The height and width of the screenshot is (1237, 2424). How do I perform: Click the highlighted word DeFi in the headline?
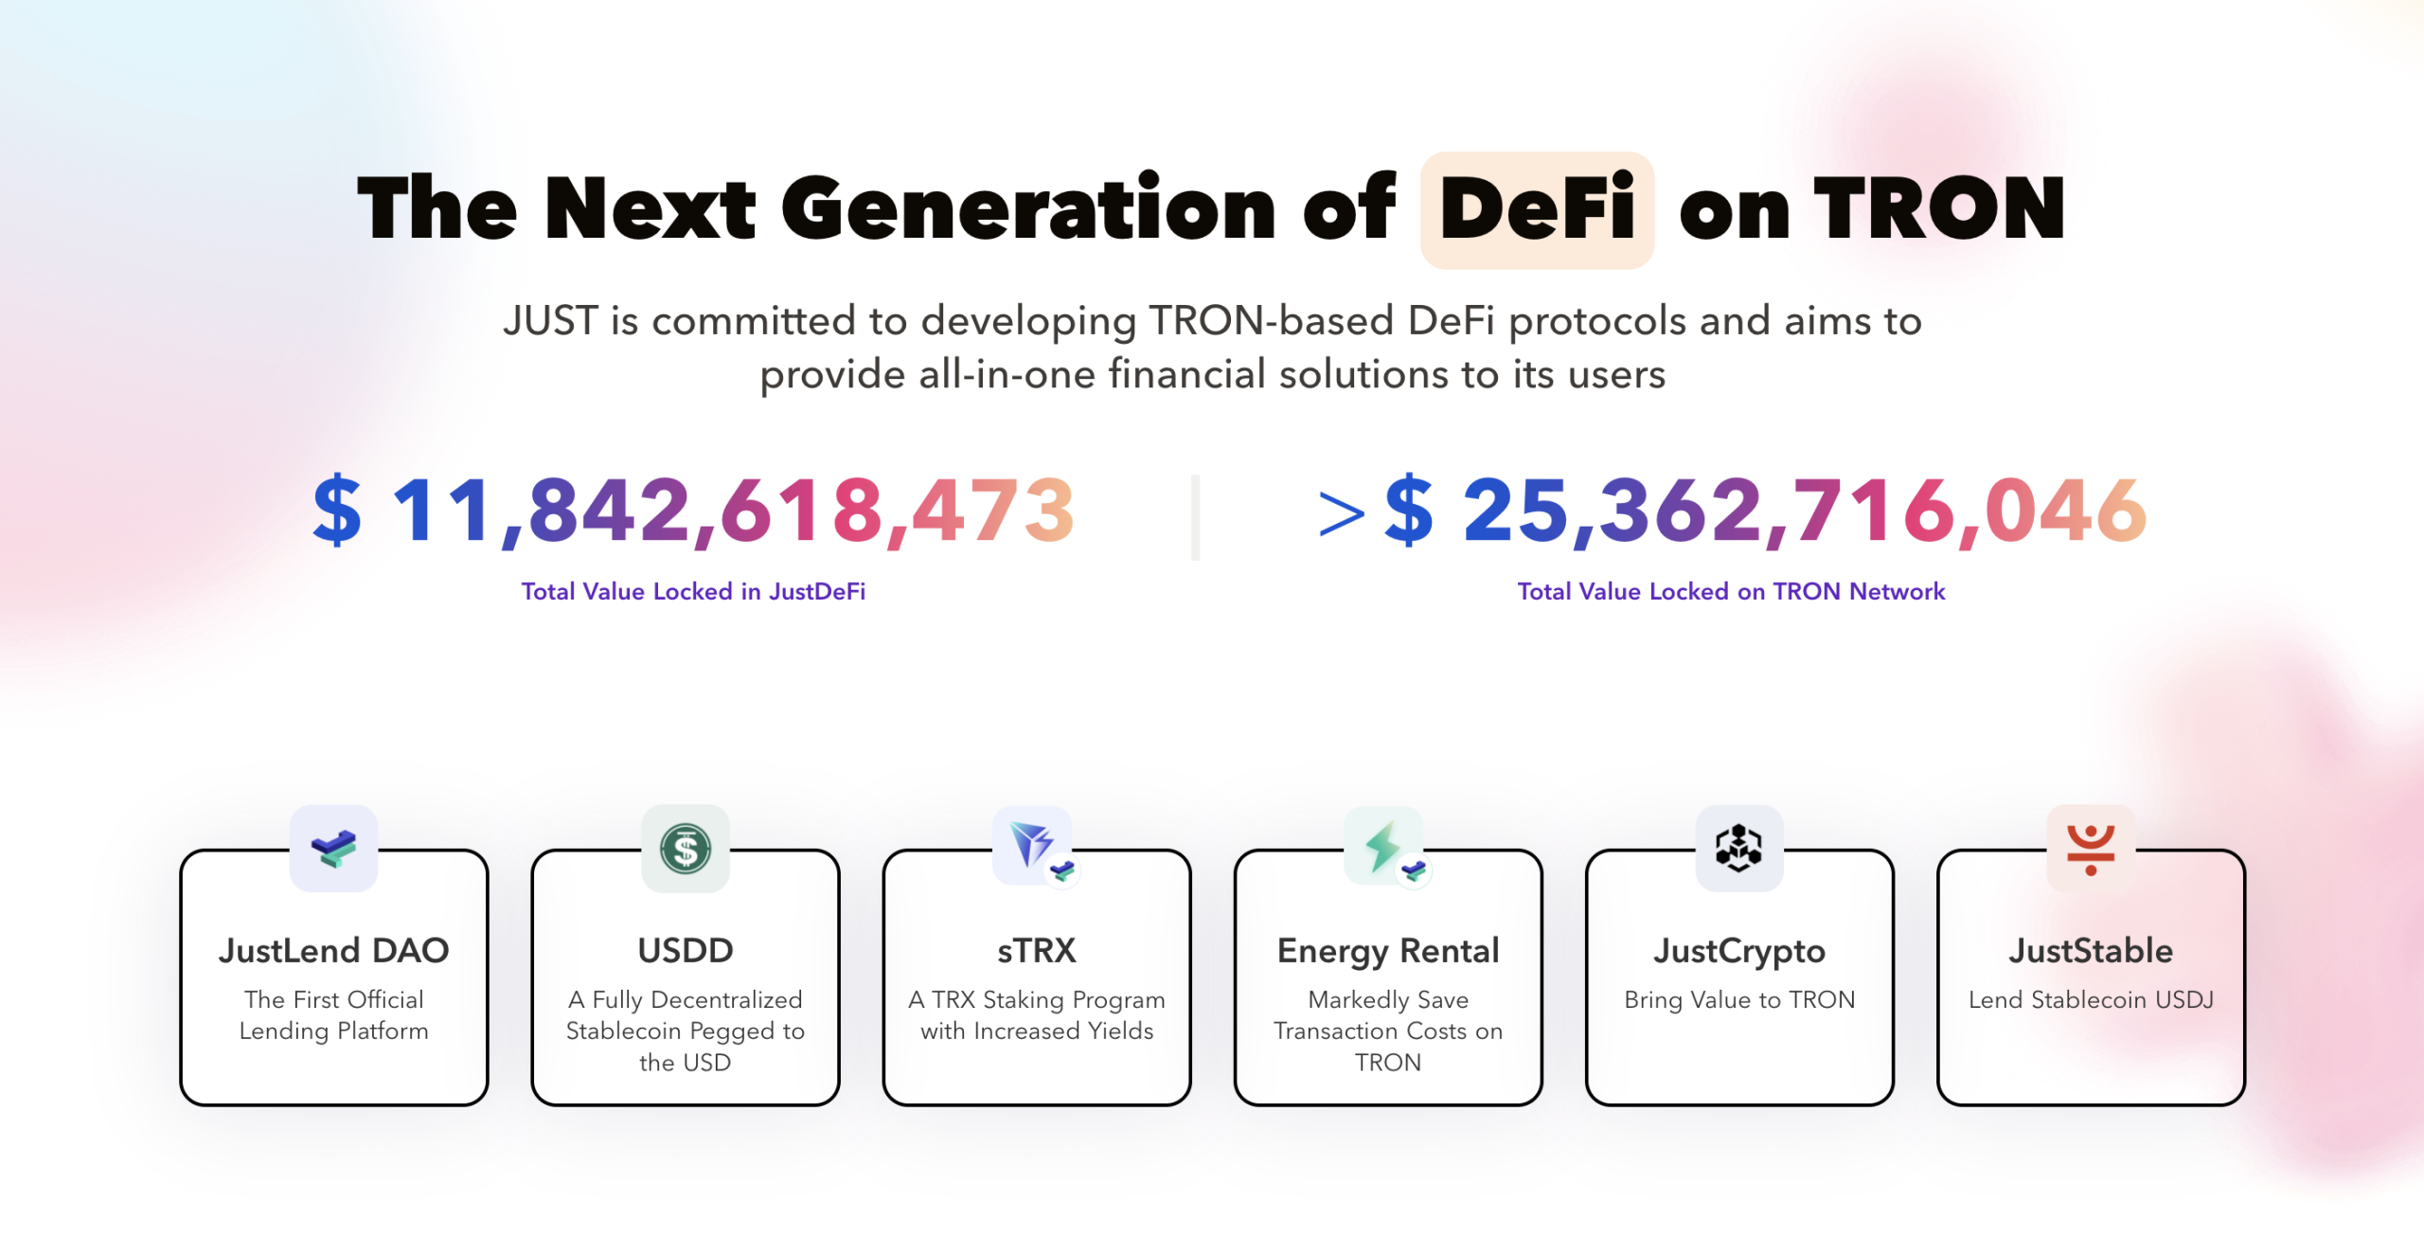[x=1537, y=209]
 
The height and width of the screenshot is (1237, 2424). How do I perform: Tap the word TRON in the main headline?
[x=1939, y=209]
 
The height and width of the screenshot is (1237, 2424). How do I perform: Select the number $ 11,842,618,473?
[x=694, y=512]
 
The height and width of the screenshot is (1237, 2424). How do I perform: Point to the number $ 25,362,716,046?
[x=1765, y=512]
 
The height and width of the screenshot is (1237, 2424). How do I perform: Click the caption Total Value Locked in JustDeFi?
[x=693, y=592]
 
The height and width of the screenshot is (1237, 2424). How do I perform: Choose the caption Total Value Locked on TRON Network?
[x=1731, y=592]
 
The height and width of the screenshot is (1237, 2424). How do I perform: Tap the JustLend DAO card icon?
[x=334, y=849]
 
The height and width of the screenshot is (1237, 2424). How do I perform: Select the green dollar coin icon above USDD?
[x=686, y=849]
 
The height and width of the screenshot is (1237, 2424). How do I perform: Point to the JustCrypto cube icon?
[x=1739, y=849]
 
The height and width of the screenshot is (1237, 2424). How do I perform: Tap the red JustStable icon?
[x=2091, y=849]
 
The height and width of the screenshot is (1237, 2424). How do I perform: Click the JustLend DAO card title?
[x=334, y=951]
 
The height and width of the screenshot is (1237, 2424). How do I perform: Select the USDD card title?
[x=686, y=951]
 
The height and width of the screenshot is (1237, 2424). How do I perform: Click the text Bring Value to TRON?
[x=1739, y=1000]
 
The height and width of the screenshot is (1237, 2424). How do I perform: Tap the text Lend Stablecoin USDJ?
[x=2091, y=1000]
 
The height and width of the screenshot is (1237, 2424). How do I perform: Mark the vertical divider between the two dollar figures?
[x=1195, y=517]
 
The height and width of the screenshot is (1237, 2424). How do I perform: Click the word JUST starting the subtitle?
[x=550, y=321]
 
